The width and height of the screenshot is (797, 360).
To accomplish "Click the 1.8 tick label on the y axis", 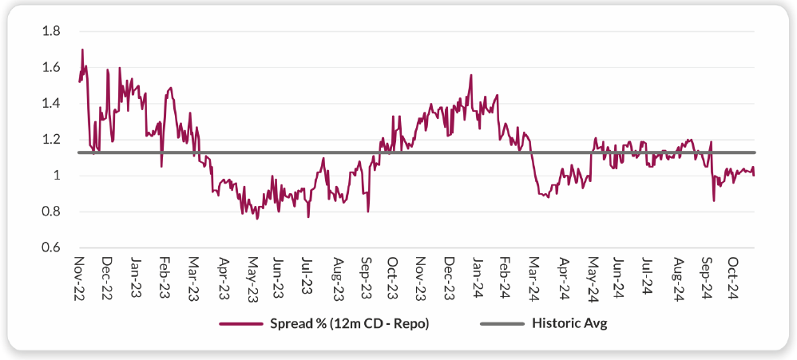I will pyautogui.click(x=51, y=31).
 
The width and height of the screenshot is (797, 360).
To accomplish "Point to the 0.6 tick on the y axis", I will pyautogui.click(x=51, y=247).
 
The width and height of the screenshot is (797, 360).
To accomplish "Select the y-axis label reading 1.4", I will pyautogui.click(x=51, y=103).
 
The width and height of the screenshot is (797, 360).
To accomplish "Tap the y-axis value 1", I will pyautogui.click(x=56, y=176).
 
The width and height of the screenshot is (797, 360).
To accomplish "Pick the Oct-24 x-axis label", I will pyautogui.click(x=733, y=276).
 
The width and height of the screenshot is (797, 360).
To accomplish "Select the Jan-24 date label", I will pyautogui.click(x=478, y=276).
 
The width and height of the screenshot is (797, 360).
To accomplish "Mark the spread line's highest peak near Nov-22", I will pyautogui.click(x=82, y=49).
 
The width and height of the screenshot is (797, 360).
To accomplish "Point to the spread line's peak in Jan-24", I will pyautogui.click(x=471, y=75).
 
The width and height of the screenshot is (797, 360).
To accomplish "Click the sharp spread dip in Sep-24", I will pyautogui.click(x=713, y=200).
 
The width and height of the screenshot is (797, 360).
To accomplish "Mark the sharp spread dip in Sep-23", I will pyautogui.click(x=368, y=211).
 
